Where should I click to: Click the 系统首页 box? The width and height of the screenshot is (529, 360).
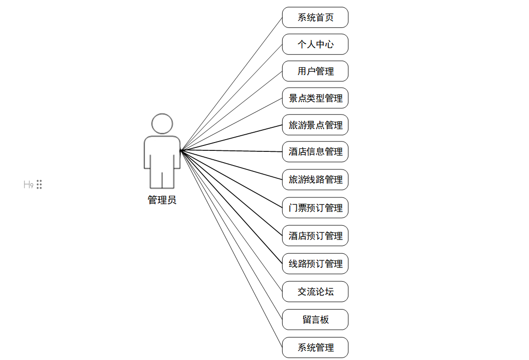[315, 18]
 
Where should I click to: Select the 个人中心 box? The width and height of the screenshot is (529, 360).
[315, 45]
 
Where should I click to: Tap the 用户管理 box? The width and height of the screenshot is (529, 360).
[315, 72]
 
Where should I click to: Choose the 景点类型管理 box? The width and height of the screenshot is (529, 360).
[315, 98]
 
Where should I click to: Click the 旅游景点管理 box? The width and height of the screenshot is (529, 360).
[315, 125]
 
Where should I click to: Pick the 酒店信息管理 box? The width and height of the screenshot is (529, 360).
[315, 152]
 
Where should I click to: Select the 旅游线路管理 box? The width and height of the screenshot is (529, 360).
[315, 180]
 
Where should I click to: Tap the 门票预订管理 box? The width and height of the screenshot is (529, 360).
[315, 208]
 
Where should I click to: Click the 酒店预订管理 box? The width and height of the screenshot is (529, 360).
[315, 236]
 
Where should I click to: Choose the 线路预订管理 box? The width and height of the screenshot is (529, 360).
[315, 264]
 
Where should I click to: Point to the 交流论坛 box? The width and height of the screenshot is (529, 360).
[315, 291]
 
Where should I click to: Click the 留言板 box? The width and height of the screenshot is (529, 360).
[315, 319]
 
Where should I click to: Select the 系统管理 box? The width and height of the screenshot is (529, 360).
[315, 347]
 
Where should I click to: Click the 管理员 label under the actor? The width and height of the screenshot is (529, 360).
[162, 200]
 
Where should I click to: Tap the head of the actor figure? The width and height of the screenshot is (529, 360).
[162, 124]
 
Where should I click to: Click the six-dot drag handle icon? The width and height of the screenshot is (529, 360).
[39, 185]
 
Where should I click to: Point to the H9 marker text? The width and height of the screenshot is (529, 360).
[28, 185]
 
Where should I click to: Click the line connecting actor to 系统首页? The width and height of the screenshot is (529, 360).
[231, 84]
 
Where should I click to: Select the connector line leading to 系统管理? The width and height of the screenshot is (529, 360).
[231, 248]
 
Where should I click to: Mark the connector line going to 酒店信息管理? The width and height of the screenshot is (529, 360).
[231, 151]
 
